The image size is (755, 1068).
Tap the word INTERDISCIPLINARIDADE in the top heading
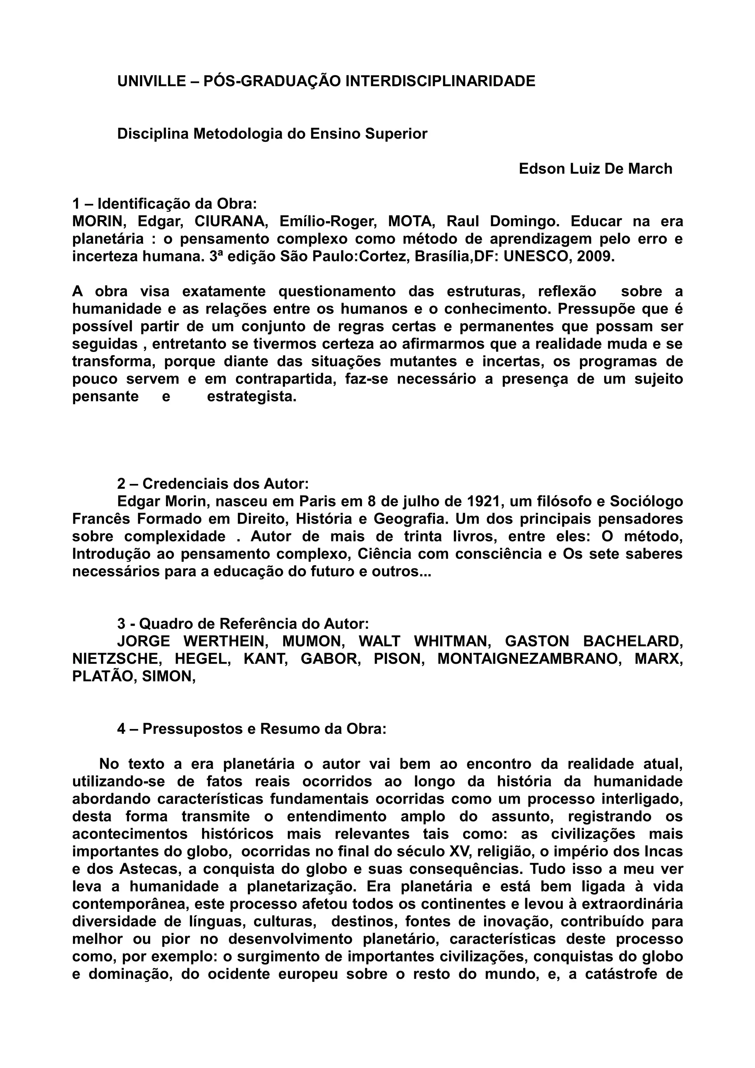click(440, 81)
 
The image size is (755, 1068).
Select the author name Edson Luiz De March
click(595, 168)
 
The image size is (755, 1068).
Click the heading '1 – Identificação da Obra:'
click(165, 204)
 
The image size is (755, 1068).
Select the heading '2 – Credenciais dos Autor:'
click(213, 484)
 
